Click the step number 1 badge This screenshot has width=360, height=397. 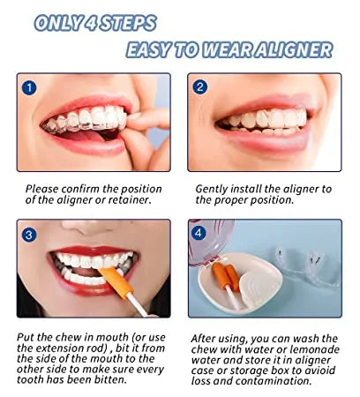pyautogui.click(x=29, y=87)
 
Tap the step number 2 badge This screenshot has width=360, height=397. pyautogui.click(x=200, y=87)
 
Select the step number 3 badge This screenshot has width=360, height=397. pyautogui.click(x=29, y=235)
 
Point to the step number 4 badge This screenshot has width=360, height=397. pyautogui.click(x=199, y=233)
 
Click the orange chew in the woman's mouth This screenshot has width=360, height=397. pyautogui.click(x=115, y=281)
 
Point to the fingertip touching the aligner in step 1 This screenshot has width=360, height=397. pyautogui.click(x=134, y=116)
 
